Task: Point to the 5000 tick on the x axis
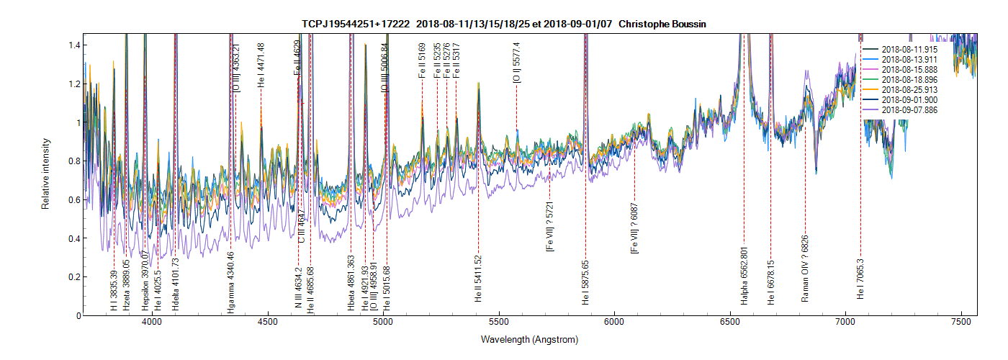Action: [383, 324]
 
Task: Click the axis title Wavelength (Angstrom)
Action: [530, 339]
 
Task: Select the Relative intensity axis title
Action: [45, 174]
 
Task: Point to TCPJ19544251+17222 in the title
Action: [356, 24]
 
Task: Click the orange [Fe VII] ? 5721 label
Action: [550, 226]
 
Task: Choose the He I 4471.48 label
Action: [261, 66]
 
